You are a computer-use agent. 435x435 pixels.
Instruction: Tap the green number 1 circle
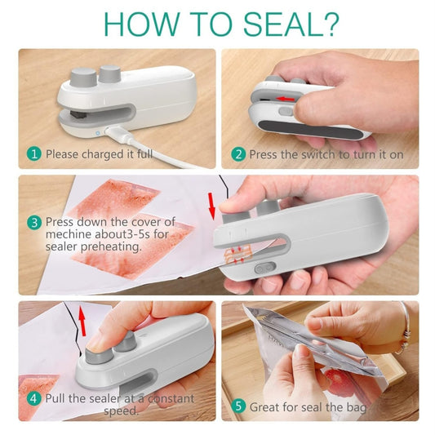34,154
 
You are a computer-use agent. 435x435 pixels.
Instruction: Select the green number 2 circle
238,154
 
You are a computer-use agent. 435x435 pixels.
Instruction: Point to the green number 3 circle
34,223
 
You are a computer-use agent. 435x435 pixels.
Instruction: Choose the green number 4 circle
33,398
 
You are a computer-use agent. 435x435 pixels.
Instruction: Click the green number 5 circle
238,406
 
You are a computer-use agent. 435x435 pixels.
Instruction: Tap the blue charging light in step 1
98,133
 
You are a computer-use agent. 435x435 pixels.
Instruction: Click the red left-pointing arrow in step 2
286,99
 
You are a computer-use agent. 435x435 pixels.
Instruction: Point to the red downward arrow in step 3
211,206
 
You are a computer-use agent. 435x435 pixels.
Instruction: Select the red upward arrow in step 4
82,321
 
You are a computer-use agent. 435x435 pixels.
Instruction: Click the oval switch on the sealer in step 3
265,269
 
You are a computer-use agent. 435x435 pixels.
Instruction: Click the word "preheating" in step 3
111,246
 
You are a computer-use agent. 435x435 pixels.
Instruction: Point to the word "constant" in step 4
171,398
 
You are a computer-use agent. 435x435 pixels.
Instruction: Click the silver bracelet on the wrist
404,328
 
